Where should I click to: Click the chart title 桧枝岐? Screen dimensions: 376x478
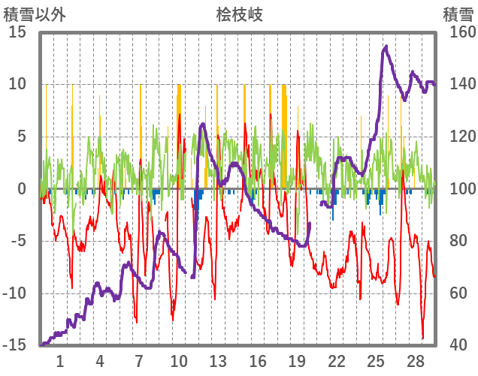[239, 14]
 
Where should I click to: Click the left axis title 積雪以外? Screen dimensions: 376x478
[35, 14]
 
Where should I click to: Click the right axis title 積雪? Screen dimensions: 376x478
[458, 14]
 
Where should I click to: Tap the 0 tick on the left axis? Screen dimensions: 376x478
[22, 189]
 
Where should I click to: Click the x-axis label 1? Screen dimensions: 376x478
[60, 361]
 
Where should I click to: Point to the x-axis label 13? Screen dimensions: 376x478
[218, 361]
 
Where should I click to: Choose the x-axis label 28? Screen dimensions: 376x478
[416, 361]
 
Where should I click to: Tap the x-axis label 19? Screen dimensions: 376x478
[297, 361]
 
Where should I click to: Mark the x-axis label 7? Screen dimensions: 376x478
[139, 361]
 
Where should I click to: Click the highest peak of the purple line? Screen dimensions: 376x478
[386, 47]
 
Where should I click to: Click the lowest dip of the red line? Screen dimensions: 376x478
[422, 338]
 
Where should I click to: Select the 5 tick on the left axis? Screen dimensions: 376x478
[22, 137]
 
